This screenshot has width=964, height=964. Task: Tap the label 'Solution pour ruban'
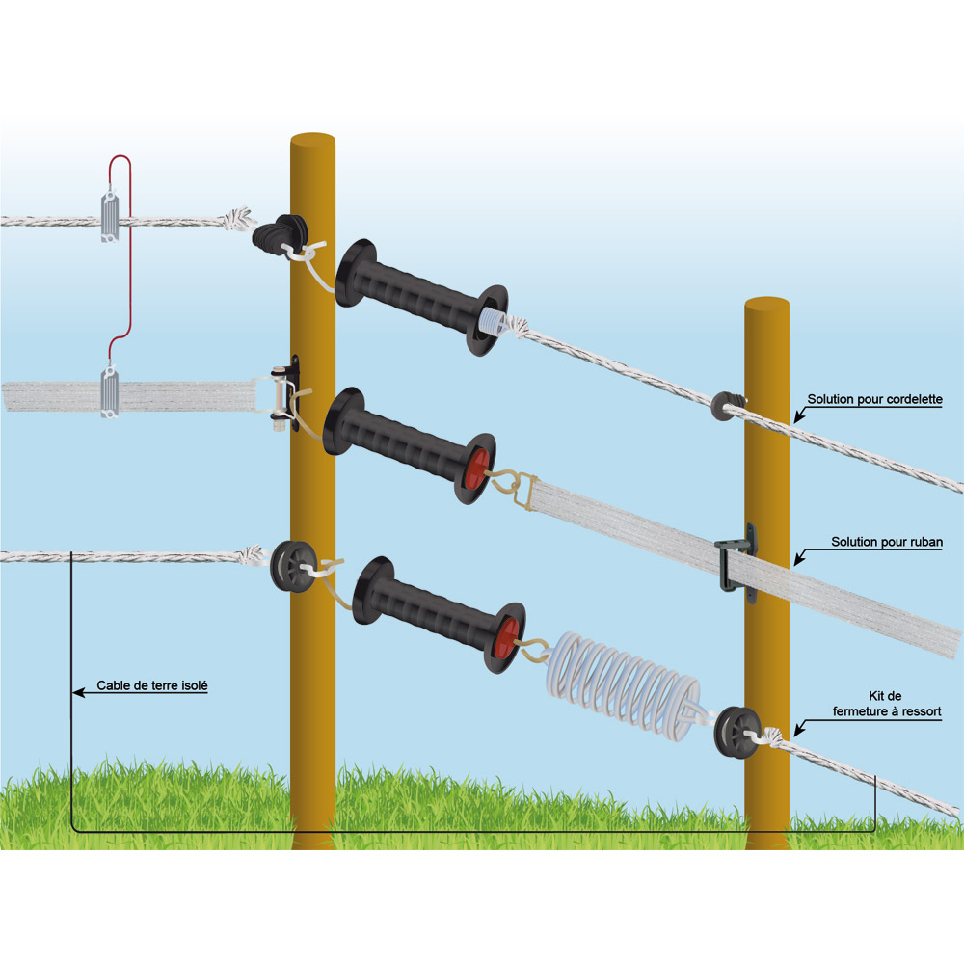coord(887,543)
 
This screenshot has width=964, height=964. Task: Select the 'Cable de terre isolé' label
coord(152,687)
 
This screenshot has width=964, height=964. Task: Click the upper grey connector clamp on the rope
coord(110,215)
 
